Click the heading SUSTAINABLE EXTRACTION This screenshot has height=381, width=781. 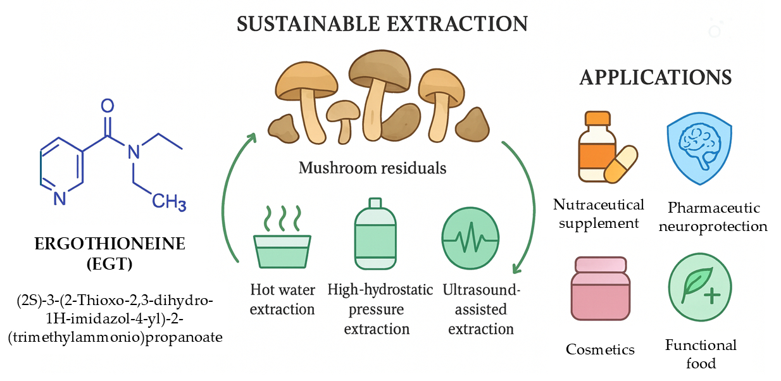tap(382, 24)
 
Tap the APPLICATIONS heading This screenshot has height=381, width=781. tap(655, 77)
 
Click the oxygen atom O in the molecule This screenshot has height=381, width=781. tap(108, 105)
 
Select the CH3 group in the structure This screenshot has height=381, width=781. tap(169, 203)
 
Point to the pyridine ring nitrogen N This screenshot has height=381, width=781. tap(59, 199)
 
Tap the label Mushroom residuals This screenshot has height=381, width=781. tap(372, 168)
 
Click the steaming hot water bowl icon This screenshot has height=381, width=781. tap(282, 244)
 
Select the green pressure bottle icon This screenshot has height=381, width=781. tap(375, 235)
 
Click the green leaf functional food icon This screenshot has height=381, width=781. tap(699, 290)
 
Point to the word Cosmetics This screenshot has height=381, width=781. tap(600, 349)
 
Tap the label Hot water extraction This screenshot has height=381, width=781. tap(282, 300)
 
